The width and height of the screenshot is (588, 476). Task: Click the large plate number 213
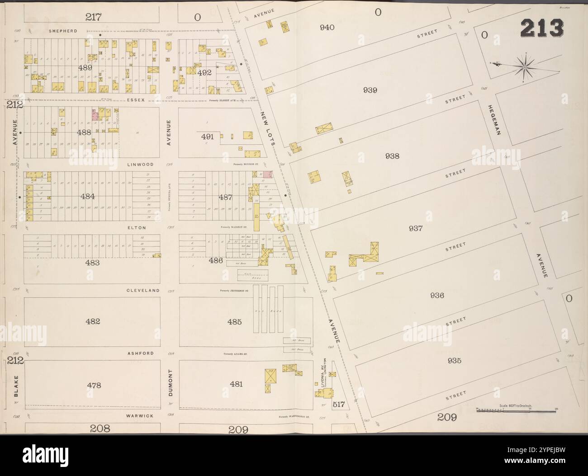point(542,28)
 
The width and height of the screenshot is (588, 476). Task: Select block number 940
point(327,28)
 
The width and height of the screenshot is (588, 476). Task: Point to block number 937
point(415,229)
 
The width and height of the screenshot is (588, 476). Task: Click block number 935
point(453,361)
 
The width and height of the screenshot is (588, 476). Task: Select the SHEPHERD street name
point(62,31)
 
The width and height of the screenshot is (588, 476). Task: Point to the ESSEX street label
point(136,100)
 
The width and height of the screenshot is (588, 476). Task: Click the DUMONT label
point(171,383)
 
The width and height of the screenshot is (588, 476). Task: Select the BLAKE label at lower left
point(15,385)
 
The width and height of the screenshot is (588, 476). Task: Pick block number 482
point(92,321)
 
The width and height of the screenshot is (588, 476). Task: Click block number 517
point(338,405)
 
